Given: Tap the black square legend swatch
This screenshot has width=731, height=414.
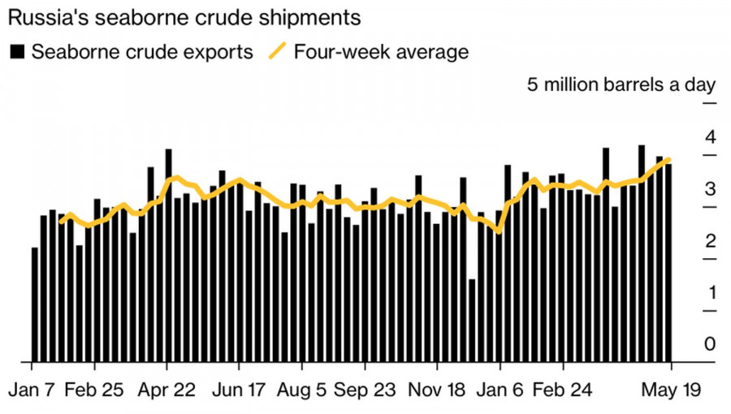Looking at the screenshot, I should pyautogui.click(x=16, y=52).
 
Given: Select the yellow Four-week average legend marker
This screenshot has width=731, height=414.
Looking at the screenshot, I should pyautogui.click(x=277, y=52).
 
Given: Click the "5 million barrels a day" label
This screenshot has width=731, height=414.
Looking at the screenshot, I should pyautogui.click(x=621, y=84).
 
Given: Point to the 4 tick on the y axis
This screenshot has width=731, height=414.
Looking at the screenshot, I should pyautogui.click(x=710, y=136).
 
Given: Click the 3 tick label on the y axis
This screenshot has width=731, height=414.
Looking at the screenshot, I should pyautogui.click(x=710, y=189).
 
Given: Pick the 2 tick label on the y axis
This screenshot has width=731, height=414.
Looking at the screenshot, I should pyautogui.click(x=710, y=241).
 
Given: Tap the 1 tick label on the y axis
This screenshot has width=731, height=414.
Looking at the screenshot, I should pyautogui.click(x=710, y=293).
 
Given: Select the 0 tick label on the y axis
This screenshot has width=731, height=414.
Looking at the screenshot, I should pyautogui.click(x=710, y=345).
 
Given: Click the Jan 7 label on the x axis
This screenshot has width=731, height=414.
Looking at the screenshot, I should pyautogui.click(x=31, y=389).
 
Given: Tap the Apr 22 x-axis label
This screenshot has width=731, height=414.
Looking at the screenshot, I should pyautogui.click(x=168, y=389).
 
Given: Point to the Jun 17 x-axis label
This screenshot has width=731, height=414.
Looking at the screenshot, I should pyautogui.click(x=238, y=389).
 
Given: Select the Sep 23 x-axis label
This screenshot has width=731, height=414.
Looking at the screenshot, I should pyautogui.click(x=364, y=389).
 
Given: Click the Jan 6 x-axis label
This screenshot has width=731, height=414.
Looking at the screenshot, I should pyautogui.click(x=500, y=389).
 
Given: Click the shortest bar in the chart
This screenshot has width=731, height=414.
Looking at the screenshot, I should pyautogui.click(x=472, y=321).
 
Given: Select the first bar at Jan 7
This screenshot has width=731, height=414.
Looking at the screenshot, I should pyautogui.click(x=35, y=304).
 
